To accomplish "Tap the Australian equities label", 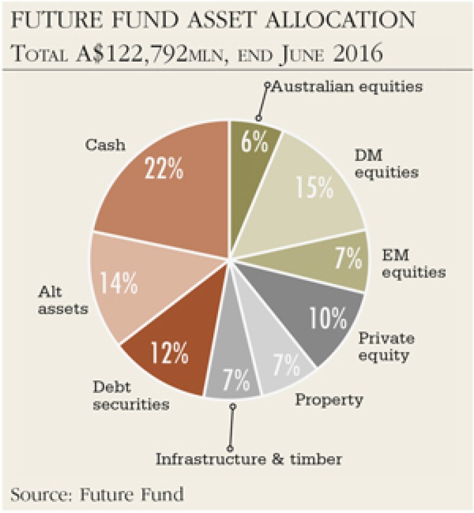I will click(x=347, y=86).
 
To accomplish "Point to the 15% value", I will click(x=313, y=189).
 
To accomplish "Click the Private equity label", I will click(x=386, y=347).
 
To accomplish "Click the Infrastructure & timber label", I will click(x=249, y=457).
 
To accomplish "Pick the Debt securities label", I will click(x=130, y=396).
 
